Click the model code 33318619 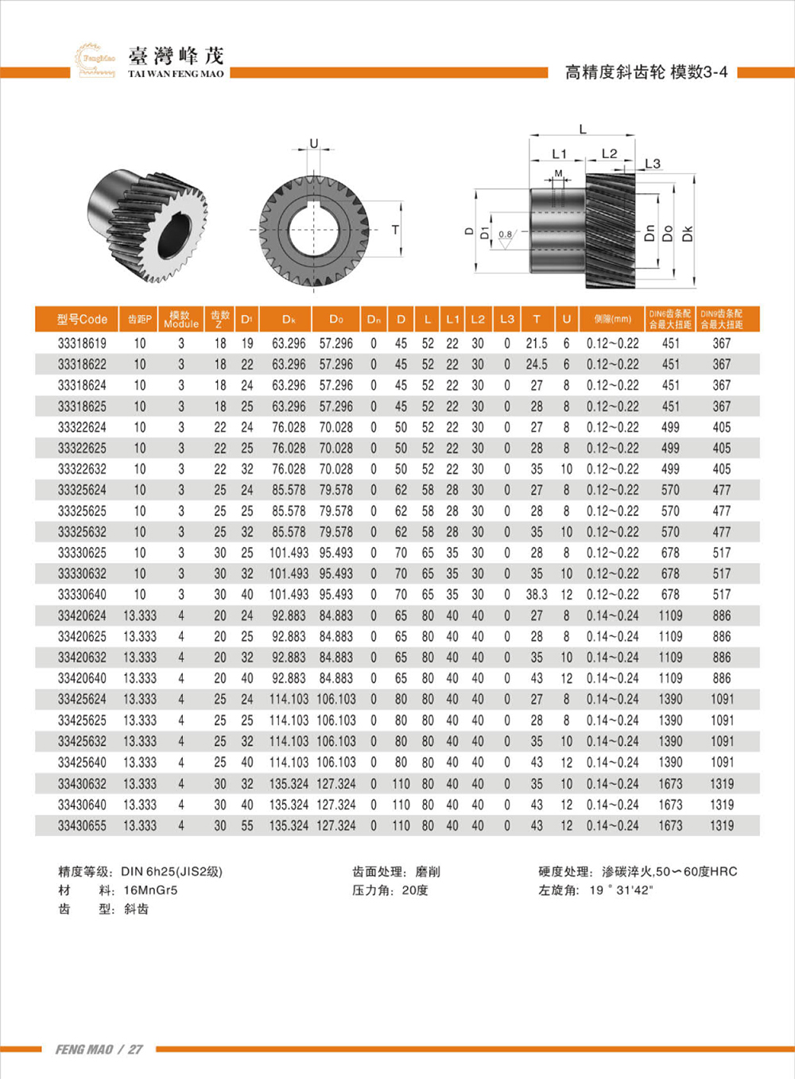coord(82,343)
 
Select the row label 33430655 coord(82,825)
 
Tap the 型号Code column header coord(82,319)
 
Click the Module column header coord(181,320)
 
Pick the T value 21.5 coord(537,343)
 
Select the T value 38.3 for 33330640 coord(537,595)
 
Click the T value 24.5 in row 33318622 coord(537,364)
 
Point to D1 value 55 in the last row coord(247,825)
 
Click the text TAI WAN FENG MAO coord(176,74)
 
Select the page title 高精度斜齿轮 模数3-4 coord(646,72)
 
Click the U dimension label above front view coord(313,144)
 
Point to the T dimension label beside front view coord(395,230)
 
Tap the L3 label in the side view coord(653,164)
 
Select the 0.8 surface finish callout coord(506,234)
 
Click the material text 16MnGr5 coord(150,890)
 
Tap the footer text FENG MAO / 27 coord(99,1050)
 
